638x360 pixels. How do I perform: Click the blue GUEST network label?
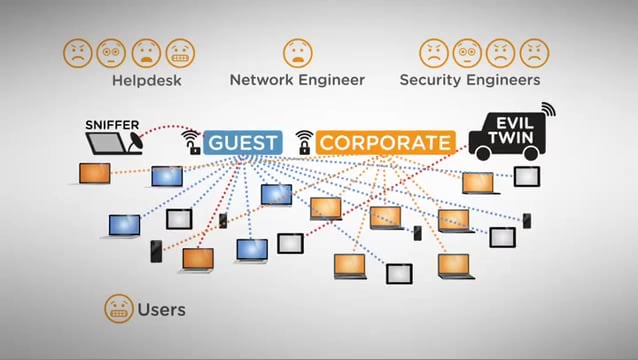243,142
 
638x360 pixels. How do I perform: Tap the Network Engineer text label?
297,79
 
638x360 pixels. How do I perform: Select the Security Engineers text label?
470,79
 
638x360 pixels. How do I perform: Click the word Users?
162,310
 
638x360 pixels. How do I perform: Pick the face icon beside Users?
118,309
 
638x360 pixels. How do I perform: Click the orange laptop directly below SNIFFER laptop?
94,174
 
